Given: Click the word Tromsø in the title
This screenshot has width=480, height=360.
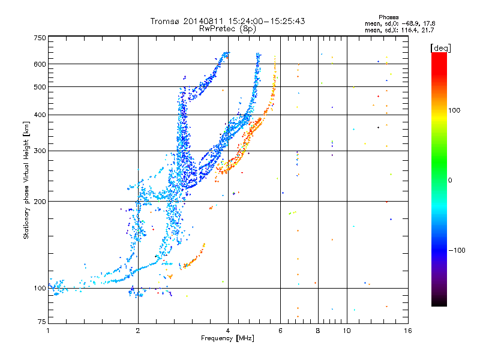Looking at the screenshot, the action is [166, 21].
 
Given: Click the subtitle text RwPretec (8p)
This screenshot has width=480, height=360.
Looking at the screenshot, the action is [227, 29].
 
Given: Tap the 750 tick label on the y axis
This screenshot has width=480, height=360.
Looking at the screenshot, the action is [40, 38].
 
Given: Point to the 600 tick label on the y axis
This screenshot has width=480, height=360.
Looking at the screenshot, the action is [40, 64].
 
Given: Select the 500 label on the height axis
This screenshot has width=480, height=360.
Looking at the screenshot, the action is [40, 87].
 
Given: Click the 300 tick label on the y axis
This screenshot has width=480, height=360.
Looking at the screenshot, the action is [40, 151].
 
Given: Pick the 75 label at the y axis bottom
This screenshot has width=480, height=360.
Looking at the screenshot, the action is [42, 322].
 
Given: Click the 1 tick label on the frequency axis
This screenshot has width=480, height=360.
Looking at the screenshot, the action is [48, 331].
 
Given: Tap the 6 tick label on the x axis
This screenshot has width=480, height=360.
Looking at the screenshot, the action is [280, 331].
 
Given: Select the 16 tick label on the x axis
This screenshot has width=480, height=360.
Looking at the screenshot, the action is [408, 331].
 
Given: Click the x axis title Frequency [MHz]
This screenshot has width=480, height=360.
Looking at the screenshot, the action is [228, 338].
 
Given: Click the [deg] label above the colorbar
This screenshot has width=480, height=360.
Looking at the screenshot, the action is [440, 48].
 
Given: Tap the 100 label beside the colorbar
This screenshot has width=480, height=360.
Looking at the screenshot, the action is [454, 110].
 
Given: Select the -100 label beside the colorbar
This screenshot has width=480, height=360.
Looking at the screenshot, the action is [457, 250].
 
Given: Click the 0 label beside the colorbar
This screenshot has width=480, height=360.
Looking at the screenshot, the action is [450, 180].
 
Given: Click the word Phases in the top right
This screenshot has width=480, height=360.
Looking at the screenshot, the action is [389, 17].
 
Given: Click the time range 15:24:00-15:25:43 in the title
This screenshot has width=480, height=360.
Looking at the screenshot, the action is [266, 21].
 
